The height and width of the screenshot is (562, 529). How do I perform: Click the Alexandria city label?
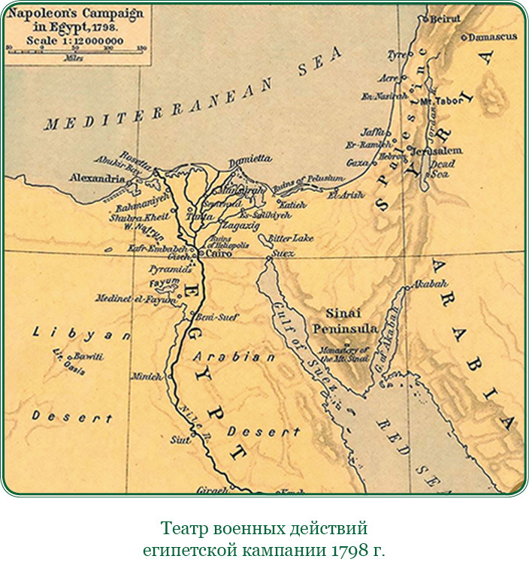[x=97, y=179]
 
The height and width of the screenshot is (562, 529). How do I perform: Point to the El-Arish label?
[x=346, y=195]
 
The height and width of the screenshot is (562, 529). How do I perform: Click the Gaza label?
[x=358, y=162]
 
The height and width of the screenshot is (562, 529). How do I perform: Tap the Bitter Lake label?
[x=290, y=238]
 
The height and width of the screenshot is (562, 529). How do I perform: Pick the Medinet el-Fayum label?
[x=135, y=298]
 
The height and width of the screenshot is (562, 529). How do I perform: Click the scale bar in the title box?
[x=75, y=50]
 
